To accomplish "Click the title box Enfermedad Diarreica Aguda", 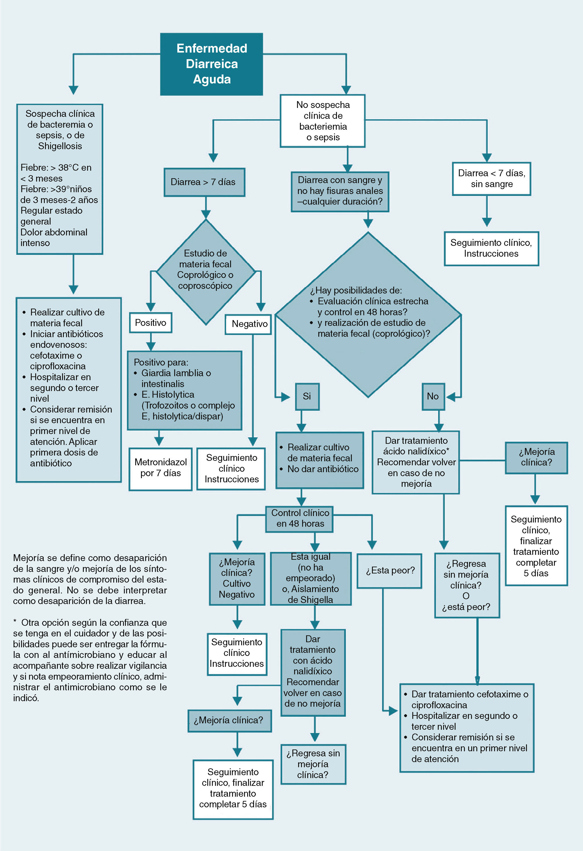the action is tap(212, 64).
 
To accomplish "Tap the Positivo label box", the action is tap(151, 323).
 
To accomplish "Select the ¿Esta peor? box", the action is tap(390, 571).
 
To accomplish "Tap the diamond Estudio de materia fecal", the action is tap(206, 272).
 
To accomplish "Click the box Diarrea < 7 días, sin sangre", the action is tap(491, 179).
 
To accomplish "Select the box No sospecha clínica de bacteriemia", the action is tap(323, 121).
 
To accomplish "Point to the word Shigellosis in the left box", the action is tap(60, 146).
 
